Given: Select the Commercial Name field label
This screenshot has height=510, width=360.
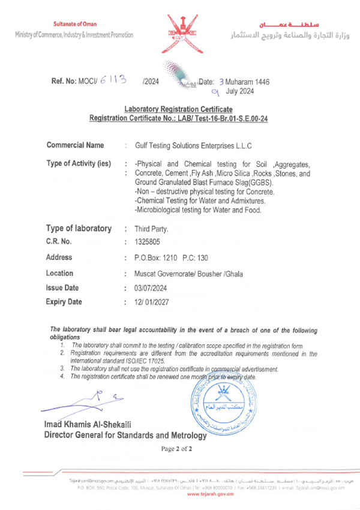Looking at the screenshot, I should tap(75, 145).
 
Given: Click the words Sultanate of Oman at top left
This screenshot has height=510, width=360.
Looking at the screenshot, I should tap(74, 22).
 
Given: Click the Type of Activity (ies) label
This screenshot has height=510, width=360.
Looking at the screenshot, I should tap(79, 164).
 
